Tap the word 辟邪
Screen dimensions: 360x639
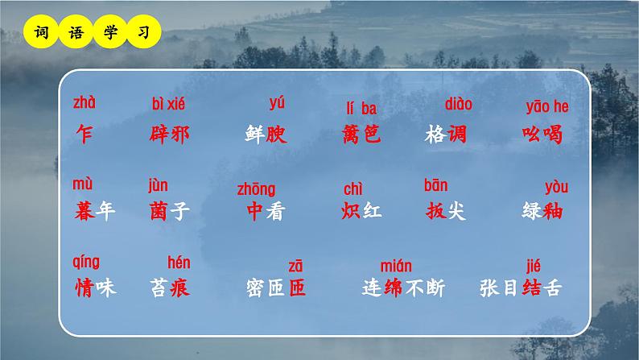click(170, 134)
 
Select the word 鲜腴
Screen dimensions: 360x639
click(266, 134)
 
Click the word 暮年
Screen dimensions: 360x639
click(94, 212)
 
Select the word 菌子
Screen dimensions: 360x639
click(170, 212)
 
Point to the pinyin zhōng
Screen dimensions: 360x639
click(256, 189)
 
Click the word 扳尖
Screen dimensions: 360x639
click(445, 212)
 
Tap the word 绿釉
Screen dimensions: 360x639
click(542, 212)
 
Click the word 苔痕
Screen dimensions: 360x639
click(170, 288)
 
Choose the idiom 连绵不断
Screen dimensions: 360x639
click(403, 288)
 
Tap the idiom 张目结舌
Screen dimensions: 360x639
click(519, 288)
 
